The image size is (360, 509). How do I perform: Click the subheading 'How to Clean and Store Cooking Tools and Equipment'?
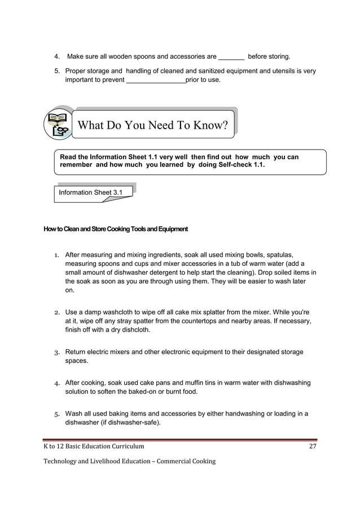point(116,229)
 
